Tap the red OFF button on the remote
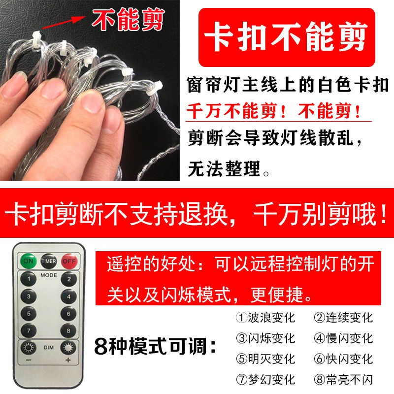[69, 261]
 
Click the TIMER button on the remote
[49, 261]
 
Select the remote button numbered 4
[68, 296]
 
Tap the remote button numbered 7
[29, 330]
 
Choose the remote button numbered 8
[68, 330]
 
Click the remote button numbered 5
[29, 314]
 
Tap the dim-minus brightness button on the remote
[29, 348]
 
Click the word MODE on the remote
[49, 275]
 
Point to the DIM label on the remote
[48, 348]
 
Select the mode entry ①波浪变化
[265, 318]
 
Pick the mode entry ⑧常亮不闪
[343, 379]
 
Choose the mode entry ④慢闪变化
[343, 338]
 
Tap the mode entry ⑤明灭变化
[265, 359]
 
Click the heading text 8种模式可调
[155, 346]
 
